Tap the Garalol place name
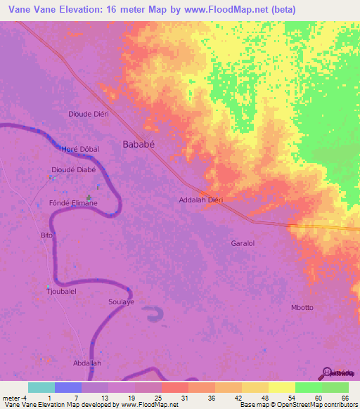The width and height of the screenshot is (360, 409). point(242,243)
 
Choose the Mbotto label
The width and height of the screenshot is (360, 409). point(302,308)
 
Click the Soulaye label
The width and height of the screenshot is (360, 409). point(121,301)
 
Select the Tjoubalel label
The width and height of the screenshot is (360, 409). point(61,290)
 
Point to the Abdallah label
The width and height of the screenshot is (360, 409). point(87,363)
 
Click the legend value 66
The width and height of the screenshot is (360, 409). point(345,397)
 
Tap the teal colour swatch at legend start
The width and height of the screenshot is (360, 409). point(41,387)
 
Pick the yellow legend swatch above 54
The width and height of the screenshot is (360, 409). point(282,387)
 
